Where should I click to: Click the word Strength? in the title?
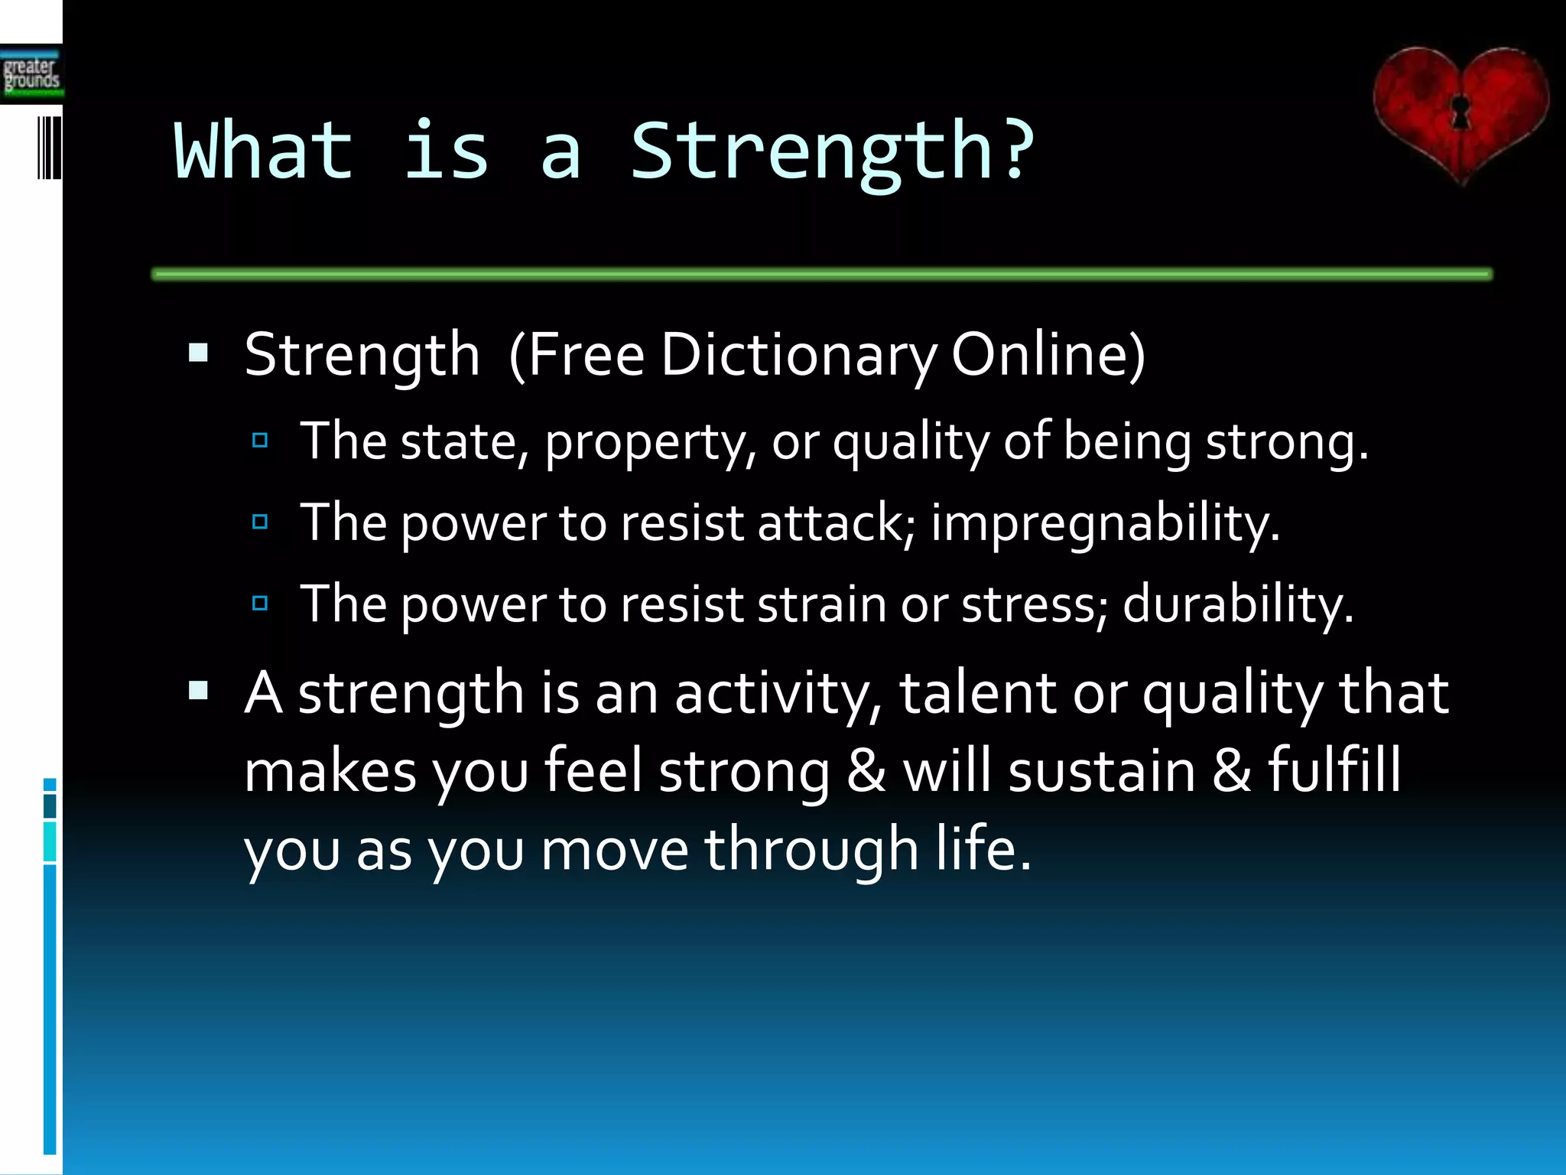832,153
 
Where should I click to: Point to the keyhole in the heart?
1460,111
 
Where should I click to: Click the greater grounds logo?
31,75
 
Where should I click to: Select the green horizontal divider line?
822,274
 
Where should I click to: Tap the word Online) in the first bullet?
1048,355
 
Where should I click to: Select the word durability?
1237,604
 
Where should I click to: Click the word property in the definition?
650,444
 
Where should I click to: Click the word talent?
978,693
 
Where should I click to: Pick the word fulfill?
1334,771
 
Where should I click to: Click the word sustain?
1102,771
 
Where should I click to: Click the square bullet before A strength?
199,692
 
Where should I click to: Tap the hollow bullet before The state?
260,440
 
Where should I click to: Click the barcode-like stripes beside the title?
49,148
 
